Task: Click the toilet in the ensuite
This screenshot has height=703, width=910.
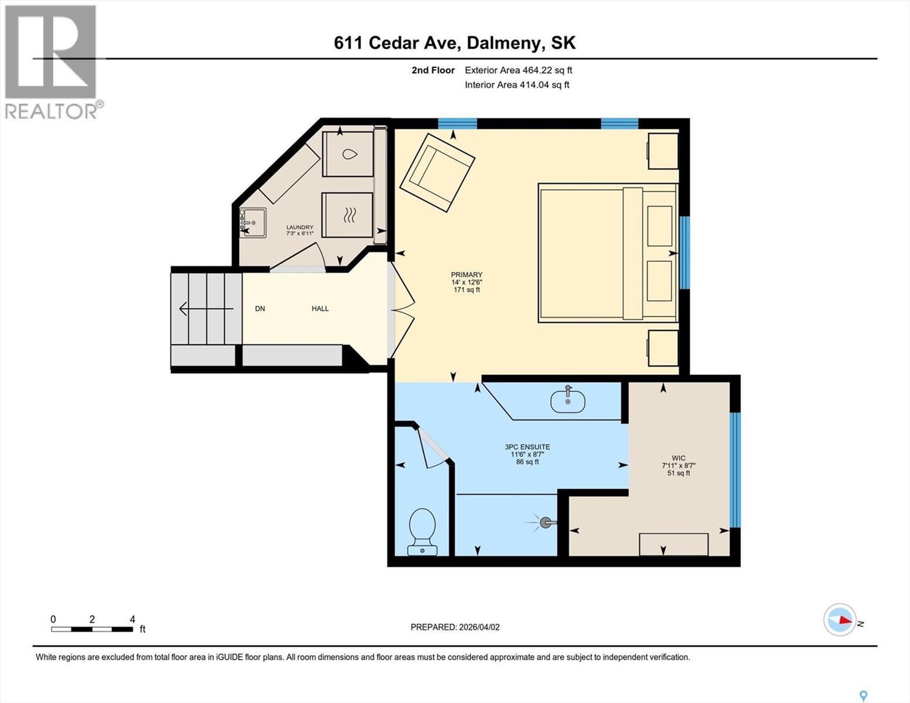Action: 422,530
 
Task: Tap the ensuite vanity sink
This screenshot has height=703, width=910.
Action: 567,401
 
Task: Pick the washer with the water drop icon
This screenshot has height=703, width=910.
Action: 348,154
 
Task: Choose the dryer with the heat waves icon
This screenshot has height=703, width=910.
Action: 348,215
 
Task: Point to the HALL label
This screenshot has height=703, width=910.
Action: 320,309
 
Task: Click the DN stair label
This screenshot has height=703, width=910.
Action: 260,309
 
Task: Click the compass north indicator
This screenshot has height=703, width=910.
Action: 840,620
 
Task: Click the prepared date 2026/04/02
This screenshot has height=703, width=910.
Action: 455,627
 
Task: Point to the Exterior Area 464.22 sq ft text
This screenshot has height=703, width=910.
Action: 518,70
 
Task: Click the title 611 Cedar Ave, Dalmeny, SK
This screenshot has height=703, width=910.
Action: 455,43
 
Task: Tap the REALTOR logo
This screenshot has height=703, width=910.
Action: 51,62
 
